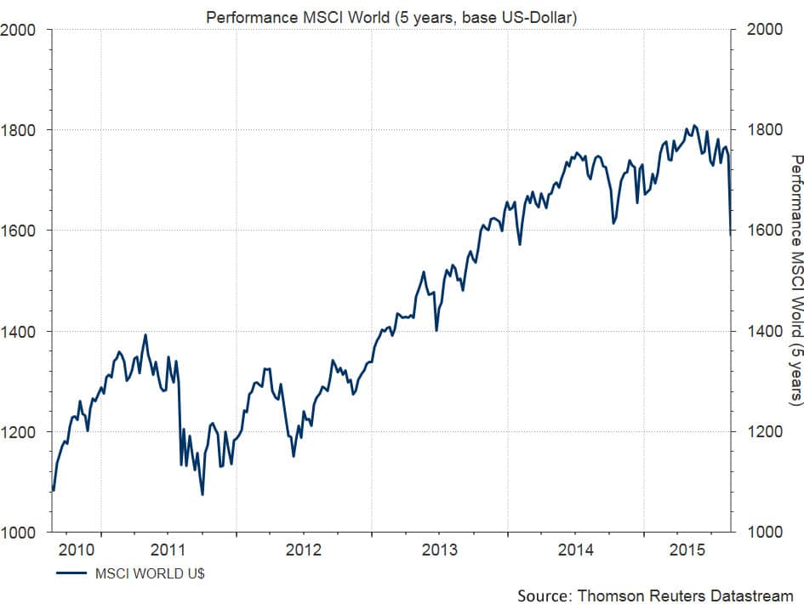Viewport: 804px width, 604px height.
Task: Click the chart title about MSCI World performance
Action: point(391,17)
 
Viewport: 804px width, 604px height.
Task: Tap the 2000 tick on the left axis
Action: point(18,30)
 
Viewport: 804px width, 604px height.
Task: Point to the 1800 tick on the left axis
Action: point(18,130)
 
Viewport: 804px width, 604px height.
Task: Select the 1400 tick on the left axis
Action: point(18,332)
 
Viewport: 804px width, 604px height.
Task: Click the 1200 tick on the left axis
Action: point(18,432)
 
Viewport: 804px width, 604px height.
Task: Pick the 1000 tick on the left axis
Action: point(18,533)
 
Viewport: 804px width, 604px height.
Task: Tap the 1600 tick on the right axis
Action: point(763,231)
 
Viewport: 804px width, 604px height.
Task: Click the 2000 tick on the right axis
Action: point(763,30)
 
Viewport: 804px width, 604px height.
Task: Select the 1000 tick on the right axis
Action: point(763,533)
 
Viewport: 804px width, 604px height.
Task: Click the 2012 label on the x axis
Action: point(304,550)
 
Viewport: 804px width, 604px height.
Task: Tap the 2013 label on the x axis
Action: point(440,550)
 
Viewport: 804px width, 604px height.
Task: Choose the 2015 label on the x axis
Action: point(684,550)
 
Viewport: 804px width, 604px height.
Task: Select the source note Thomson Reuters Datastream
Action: point(655,595)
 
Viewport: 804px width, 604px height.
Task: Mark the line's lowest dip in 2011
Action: point(202,494)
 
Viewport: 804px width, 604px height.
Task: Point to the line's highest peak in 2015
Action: point(694,126)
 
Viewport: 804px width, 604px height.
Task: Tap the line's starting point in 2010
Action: point(54,491)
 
